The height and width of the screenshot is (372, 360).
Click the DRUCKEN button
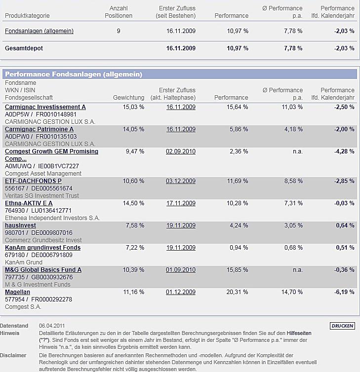(342, 326)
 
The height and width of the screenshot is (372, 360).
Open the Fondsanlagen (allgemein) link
(39, 31)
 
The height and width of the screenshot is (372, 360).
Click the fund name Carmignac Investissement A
(45, 107)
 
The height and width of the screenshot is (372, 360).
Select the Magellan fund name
(17, 292)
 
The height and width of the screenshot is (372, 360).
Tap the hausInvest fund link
(20, 225)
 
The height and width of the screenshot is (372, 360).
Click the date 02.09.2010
(181, 151)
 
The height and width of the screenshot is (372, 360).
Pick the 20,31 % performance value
(238, 292)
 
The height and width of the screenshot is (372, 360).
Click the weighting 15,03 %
(133, 107)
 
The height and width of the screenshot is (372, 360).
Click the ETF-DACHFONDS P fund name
(33, 181)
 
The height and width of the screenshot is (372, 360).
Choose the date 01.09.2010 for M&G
(181, 270)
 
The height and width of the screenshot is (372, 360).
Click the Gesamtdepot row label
(23, 48)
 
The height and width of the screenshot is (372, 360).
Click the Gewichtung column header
(128, 98)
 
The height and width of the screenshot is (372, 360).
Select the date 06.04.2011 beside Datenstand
(51, 326)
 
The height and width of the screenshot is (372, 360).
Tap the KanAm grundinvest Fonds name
(42, 248)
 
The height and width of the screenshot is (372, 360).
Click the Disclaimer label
(13, 355)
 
